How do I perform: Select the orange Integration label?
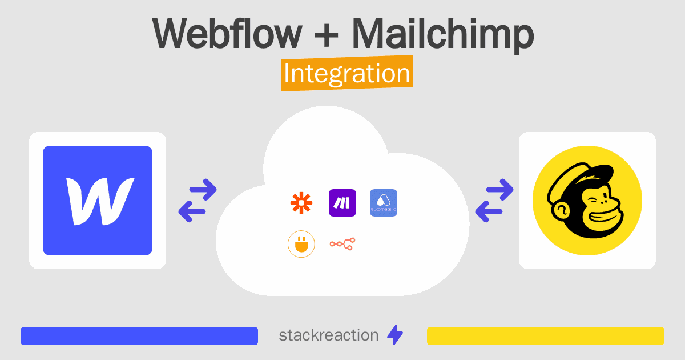pyautogui.click(x=346, y=74)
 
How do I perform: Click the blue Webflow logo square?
pyautogui.click(x=98, y=201)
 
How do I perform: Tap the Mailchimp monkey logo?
pyautogui.click(x=587, y=201)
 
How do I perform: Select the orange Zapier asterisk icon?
pyautogui.click(x=301, y=203)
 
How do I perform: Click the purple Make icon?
pyautogui.click(x=342, y=203)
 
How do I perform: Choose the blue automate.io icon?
pyautogui.click(x=384, y=203)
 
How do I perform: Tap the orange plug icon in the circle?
pyautogui.click(x=301, y=244)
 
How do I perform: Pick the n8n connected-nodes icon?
pyautogui.click(x=342, y=244)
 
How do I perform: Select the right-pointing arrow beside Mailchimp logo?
pyautogui.click(x=499, y=190)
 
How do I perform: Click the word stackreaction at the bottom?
pyautogui.click(x=328, y=335)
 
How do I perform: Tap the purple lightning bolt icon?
pyautogui.click(x=395, y=335)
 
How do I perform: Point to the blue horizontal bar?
pyautogui.click(x=139, y=336)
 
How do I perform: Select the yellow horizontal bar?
pyautogui.click(x=546, y=336)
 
